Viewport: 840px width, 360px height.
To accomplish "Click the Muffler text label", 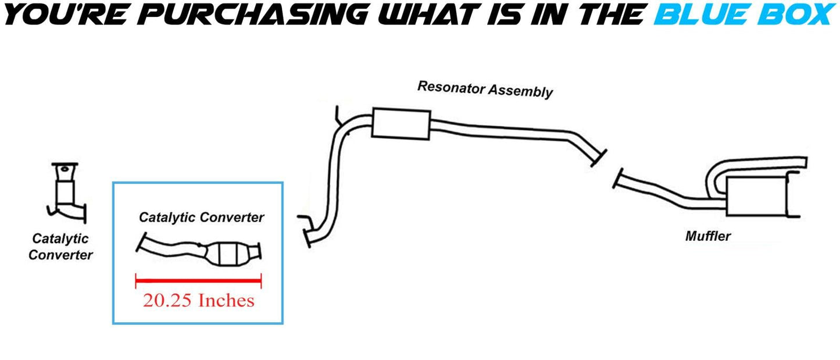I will pyautogui.click(x=707, y=236).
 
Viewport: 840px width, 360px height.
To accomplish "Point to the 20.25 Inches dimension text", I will pyautogui.click(x=198, y=300).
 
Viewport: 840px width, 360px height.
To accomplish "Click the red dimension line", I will pyautogui.click(x=198, y=281).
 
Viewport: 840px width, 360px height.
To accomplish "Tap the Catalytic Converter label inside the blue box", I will pyautogui.click(x=201, y=217).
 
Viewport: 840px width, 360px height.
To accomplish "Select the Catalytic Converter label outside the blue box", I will pyautogui.click(x=60, y=246).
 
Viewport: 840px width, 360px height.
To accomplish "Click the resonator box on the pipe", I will pyautogui.click(x=400, y=123).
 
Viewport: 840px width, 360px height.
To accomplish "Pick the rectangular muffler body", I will pyautogui.click(x=756, y=195).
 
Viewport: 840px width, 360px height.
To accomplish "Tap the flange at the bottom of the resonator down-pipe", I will pyautogui.click(x=307, y=237).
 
